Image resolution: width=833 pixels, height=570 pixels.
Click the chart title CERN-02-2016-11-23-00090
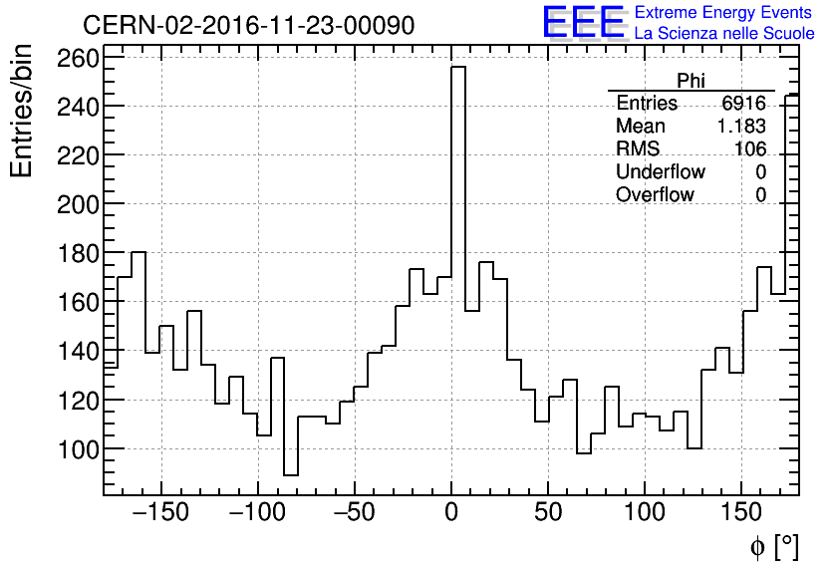248,25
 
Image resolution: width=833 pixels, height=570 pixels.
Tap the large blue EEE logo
584,23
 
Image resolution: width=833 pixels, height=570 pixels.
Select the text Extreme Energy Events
722,13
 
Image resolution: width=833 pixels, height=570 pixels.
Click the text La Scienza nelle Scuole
724,34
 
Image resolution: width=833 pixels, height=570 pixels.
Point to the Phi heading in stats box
691,82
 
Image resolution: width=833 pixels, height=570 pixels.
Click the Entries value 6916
743,104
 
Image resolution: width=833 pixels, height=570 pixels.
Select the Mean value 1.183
740,127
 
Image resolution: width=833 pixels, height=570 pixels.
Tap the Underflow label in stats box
660,172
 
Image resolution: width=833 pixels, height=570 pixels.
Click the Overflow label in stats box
655,195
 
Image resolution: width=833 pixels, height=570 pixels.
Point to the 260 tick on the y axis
78,57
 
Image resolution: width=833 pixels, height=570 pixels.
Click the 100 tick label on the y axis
78,448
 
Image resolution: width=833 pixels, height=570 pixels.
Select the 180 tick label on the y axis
78,253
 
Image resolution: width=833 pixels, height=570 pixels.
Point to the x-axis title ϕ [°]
773,546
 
